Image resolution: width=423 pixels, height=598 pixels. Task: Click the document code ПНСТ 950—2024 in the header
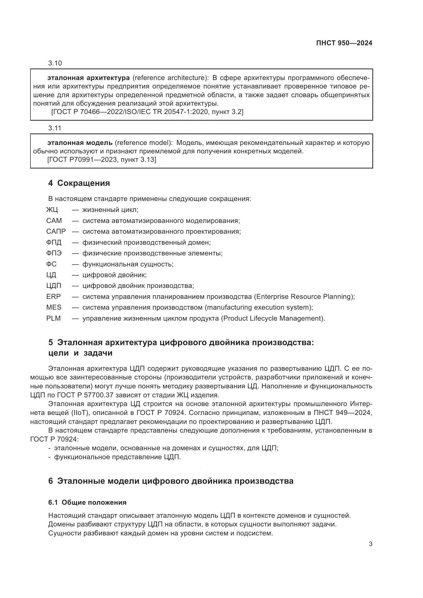pyautogui.click(x=344, y=43)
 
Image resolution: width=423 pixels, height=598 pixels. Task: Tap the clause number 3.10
pyautogui.click(x=55, y=63)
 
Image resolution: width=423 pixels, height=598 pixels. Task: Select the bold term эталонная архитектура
pyautogui.click(x=88, y=78)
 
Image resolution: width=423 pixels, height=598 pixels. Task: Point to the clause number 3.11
pyautogui.click(x=55, y=128)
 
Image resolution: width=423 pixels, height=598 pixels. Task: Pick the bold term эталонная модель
pyautogui.click(x=80, y=143)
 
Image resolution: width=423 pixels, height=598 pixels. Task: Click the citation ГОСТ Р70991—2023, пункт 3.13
pyautogui.click(x=102, y=160)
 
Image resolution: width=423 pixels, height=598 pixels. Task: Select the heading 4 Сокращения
pyautogui.click(x=79, y=183)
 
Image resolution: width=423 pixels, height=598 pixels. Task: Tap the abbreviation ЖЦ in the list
pyautogui.click(x=52, y=210)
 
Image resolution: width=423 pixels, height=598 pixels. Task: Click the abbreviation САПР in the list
pyautogui.click(x=56, y=232)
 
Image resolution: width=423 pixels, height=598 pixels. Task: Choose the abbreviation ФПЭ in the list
pyautogui.click(x=54, y=253)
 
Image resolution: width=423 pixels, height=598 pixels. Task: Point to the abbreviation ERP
pyautogui.click(x=53, y=297)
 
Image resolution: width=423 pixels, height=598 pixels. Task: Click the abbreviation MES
pyautogui.click(x=54, y=308)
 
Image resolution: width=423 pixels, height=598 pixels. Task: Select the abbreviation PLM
pyautogui.click(x=53, y=319)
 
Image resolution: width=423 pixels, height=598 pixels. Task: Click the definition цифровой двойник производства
pyautogui.click(x=138, y=286)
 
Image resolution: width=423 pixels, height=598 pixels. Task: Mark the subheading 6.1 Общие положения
pyautogui.click(x=87, y=502)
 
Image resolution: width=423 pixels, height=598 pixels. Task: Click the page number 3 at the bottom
pyautogui.click(x=370, y=544)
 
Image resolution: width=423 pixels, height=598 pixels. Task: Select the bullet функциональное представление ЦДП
pyautogui.click(x=117, y=457)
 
